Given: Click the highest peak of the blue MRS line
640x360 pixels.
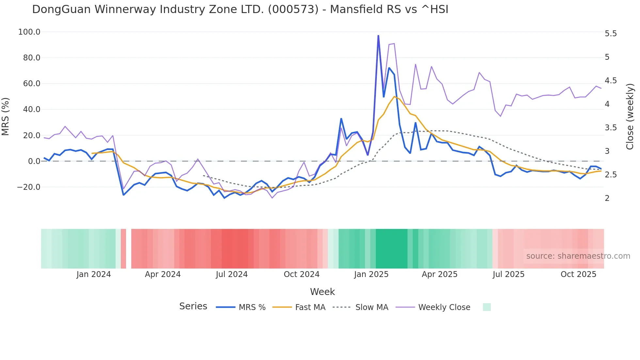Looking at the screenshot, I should tap(378, 36).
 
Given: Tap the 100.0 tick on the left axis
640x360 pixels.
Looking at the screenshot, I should tap(29, 32).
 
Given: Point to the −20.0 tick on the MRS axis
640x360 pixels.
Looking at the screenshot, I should tap(29, 187).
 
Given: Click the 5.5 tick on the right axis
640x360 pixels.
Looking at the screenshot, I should tap(611, 34).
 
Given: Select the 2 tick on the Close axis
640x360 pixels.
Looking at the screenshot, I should tap(607, 198).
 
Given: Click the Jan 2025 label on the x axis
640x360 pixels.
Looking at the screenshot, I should tap(371, 274).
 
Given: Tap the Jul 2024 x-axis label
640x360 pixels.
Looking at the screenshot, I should tap(232, 274).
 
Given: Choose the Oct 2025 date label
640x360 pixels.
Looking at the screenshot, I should tap(578, 274).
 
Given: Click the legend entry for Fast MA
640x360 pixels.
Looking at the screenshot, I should tap(310, 307).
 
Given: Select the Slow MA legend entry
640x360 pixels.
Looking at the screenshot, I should tap(372, 307).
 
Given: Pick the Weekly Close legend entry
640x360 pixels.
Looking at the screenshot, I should tap(444, 307).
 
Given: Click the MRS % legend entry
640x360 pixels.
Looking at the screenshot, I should tap(252, 307).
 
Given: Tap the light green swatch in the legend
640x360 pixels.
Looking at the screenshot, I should tap(487, 307).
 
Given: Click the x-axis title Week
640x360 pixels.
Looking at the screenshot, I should tap(322, 292).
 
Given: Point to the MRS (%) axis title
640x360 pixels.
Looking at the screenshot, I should tap(6, 116).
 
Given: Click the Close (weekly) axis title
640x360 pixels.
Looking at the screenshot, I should tap(630, 117).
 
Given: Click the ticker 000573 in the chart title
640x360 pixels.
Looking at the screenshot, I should tap(293, 9).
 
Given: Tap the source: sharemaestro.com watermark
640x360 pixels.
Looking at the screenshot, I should tap(578, 256).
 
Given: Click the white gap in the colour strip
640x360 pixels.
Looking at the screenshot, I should tap(129, 249).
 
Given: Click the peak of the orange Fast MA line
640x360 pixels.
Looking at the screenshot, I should tap(394, 96).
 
